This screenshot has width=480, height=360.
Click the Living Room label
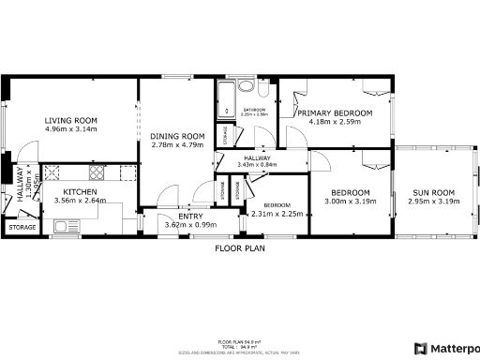coord(71,120)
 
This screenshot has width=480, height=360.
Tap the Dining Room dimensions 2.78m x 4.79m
coord(176,145)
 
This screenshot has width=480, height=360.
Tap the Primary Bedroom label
coord(335,112)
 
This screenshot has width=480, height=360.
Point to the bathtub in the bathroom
coord(226,103)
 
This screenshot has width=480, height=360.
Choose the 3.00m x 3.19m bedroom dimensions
coord(350,201)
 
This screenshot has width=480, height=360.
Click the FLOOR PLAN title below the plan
coord(241,248)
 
